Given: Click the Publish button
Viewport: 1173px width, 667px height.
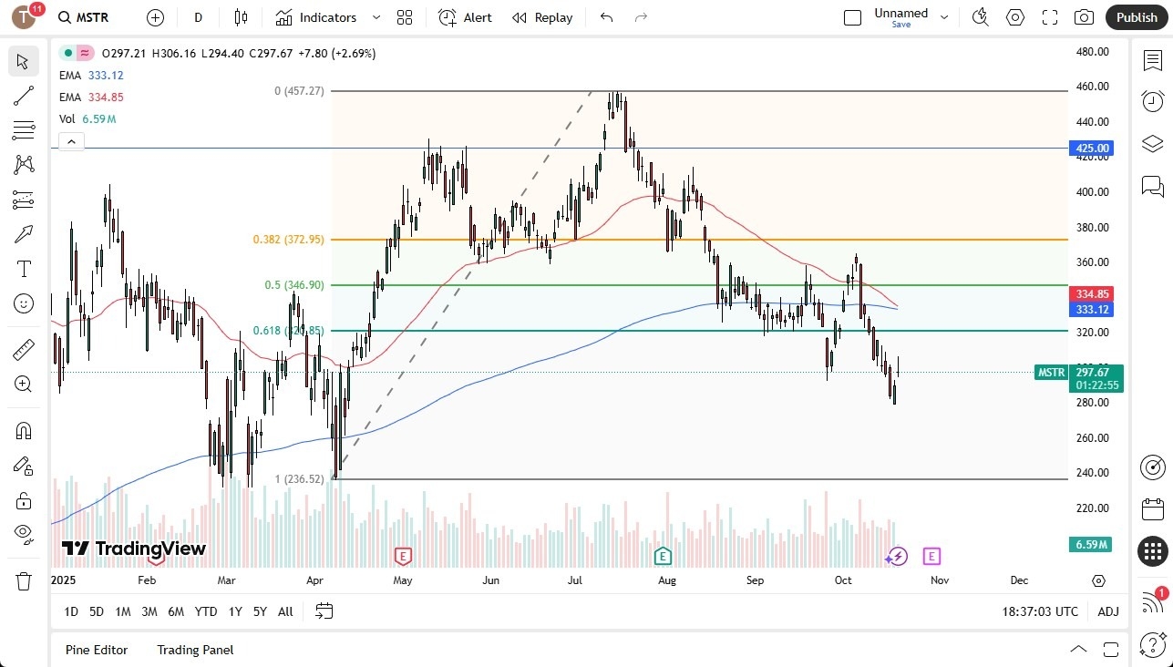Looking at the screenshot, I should point(1136,17).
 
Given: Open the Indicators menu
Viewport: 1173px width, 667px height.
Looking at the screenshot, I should point(328,17).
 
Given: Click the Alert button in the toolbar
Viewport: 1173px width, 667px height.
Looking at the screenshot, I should point(465,17).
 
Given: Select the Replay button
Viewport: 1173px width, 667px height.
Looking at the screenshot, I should point(542,17).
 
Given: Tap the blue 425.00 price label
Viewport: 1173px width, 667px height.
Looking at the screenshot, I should point(1091,148).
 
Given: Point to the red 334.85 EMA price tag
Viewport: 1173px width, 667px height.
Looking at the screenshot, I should point(1091,293).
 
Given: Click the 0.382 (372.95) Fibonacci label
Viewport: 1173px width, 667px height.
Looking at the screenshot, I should point(288,240).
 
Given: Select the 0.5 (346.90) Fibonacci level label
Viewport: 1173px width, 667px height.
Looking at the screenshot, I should point(293,285).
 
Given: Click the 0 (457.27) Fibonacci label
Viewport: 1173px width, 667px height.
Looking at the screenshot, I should point(299,91).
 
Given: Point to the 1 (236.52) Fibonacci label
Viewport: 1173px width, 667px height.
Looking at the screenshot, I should point(299,479).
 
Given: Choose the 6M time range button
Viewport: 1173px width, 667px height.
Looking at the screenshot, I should point(176,611).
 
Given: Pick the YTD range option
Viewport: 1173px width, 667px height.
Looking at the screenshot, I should point(206,611).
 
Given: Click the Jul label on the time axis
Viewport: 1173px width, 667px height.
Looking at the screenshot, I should point(575,580).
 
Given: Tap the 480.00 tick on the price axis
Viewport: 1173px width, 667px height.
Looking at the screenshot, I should point(1091,52).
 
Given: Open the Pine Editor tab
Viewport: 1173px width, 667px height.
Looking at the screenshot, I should point(97,650).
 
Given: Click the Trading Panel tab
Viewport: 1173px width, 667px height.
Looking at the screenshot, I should point(195,650).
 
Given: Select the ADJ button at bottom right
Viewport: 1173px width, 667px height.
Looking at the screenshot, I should point(1107,611).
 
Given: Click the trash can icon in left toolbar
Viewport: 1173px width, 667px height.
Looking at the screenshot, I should point(24,580).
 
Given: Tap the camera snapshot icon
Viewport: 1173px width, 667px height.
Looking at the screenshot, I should point(1084,17).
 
